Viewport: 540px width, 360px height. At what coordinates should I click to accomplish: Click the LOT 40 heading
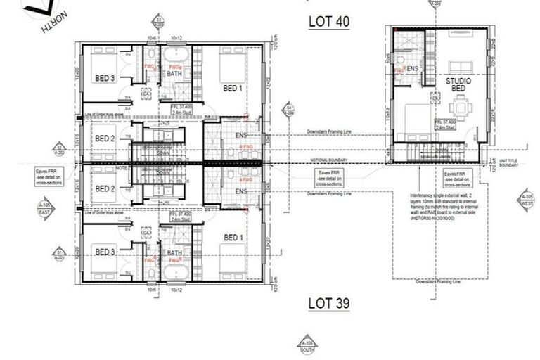tap(328, 21)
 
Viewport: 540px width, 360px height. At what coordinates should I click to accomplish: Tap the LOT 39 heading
tap(328, 303)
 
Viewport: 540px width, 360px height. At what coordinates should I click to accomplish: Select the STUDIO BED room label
tap(458, 86)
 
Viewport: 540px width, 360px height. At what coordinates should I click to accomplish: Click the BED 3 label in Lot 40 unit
tap(105, 79)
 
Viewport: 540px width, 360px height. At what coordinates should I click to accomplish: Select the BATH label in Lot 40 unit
tap(174, 73)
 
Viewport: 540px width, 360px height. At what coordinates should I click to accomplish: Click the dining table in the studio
tap(460, 109)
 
